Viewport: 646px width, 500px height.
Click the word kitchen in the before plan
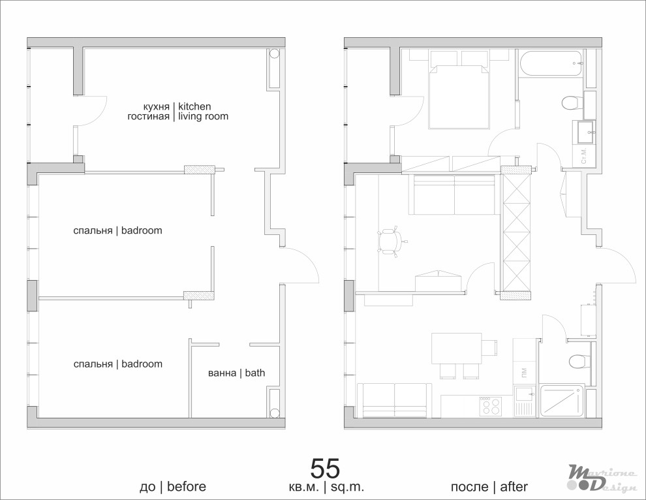[194, 107]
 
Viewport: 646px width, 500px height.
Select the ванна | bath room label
[236, 373]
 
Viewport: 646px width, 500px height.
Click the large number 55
[325, 468]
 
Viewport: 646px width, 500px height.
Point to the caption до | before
[173, 487]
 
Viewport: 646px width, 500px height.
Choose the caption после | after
[489, 487]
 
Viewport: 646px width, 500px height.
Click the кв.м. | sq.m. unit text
[327, 487]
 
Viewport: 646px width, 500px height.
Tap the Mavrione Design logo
[602, 478]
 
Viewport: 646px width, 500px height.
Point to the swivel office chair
[390, 241]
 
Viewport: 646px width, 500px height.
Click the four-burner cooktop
[490, 406]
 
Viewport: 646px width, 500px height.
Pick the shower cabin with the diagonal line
[562, 401]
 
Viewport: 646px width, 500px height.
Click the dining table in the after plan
[457, 349]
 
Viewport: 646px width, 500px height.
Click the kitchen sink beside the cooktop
[525, 401]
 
